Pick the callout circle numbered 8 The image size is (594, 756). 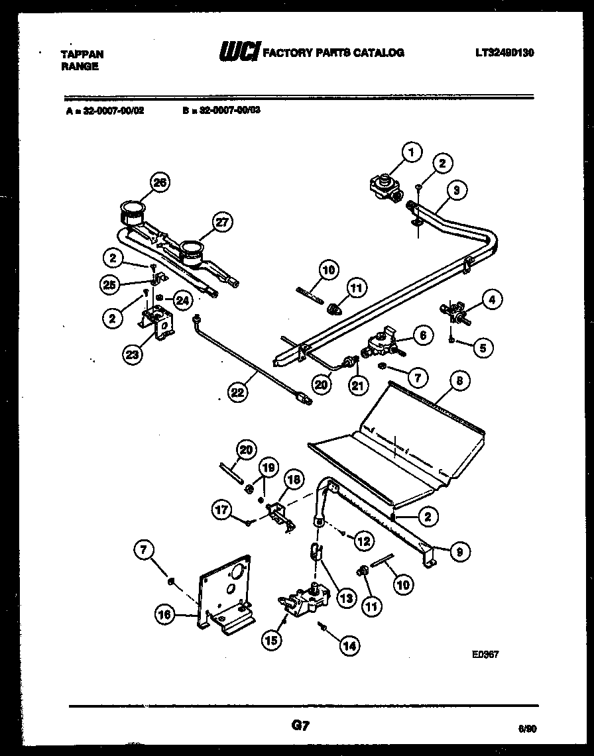tap(459, 381)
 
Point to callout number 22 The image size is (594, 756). tap(238, 392)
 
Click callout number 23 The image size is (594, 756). tap(133, 354)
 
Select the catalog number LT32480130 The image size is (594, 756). tap(505, 53)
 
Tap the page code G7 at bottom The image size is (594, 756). tap(300, 726)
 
